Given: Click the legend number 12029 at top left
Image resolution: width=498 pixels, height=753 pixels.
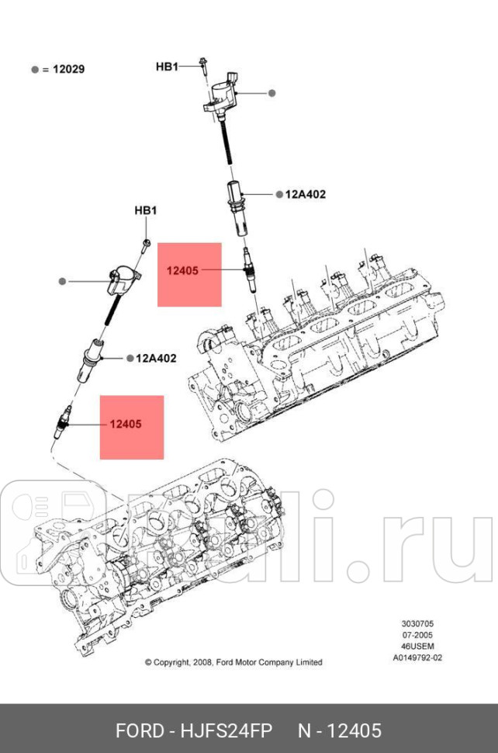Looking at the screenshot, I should pos(68,69).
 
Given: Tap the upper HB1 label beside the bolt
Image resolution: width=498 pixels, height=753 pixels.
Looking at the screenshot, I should pos(167,67).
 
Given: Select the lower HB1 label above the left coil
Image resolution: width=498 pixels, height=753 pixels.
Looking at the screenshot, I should pos(146,210).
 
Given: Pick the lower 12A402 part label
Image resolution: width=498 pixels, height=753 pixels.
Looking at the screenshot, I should pos(156,358).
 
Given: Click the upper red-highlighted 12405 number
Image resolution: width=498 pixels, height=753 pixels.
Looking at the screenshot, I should pos(182,271).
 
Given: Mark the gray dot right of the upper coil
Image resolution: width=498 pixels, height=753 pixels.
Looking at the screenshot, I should pos(272,93).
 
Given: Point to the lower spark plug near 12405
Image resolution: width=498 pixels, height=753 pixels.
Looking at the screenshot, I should pos(66,422).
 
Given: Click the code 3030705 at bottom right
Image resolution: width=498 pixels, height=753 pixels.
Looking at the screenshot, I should pos(417,624).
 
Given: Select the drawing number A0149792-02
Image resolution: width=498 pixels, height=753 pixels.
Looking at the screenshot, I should pos(417,657).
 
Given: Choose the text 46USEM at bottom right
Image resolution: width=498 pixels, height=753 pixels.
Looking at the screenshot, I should pos(417,646).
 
